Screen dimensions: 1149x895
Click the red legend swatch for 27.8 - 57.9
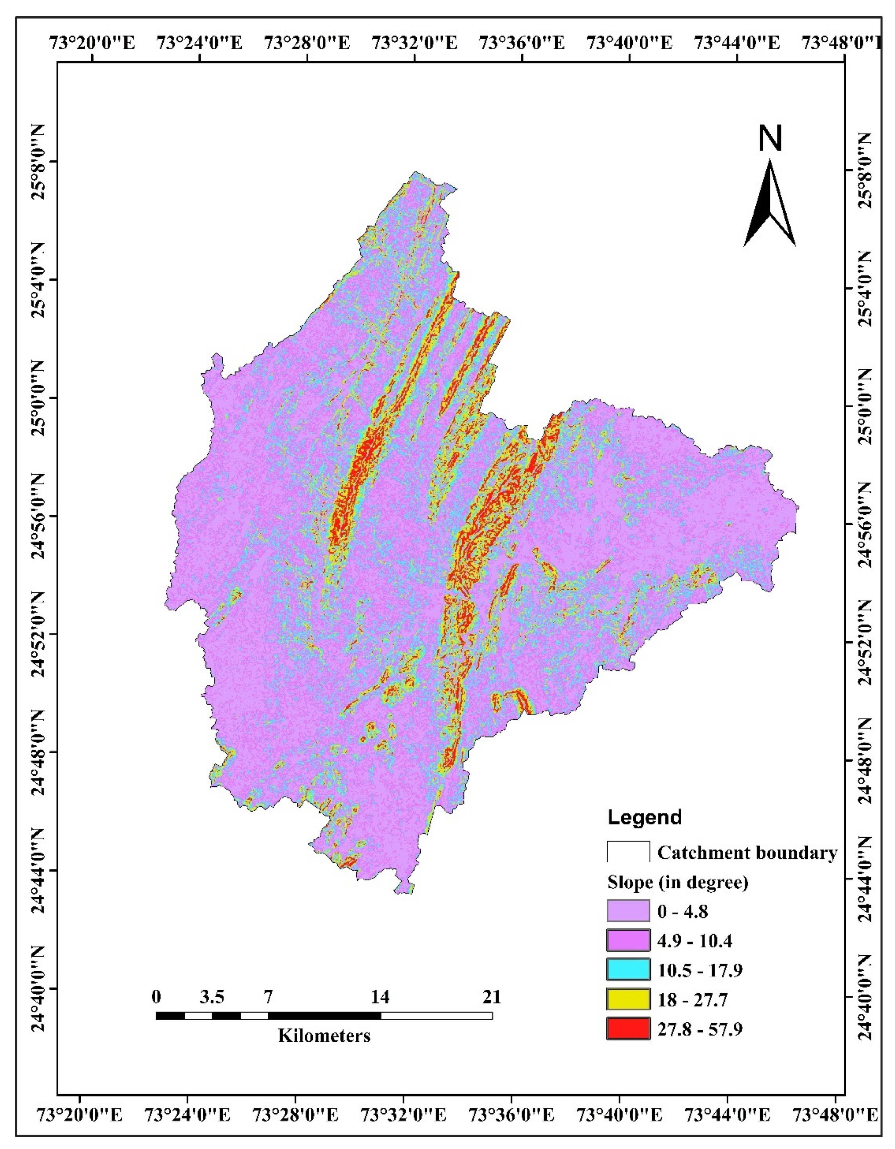[628, 1028]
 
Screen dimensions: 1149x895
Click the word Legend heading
[644, 817]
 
